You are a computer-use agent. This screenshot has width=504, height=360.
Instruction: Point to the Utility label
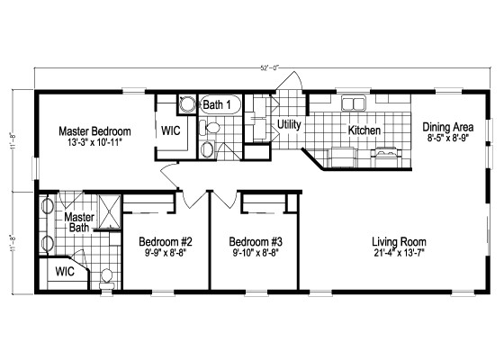click(x=289, y=124)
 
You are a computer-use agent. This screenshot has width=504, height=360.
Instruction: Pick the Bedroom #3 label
click(x=256, y=242)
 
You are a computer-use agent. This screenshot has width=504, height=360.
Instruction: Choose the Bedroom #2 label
click(x=167, y=242)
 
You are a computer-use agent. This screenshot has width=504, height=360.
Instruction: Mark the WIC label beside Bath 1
click(x=172, y=130)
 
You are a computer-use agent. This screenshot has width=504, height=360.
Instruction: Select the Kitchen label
click(x=364, y=130)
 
